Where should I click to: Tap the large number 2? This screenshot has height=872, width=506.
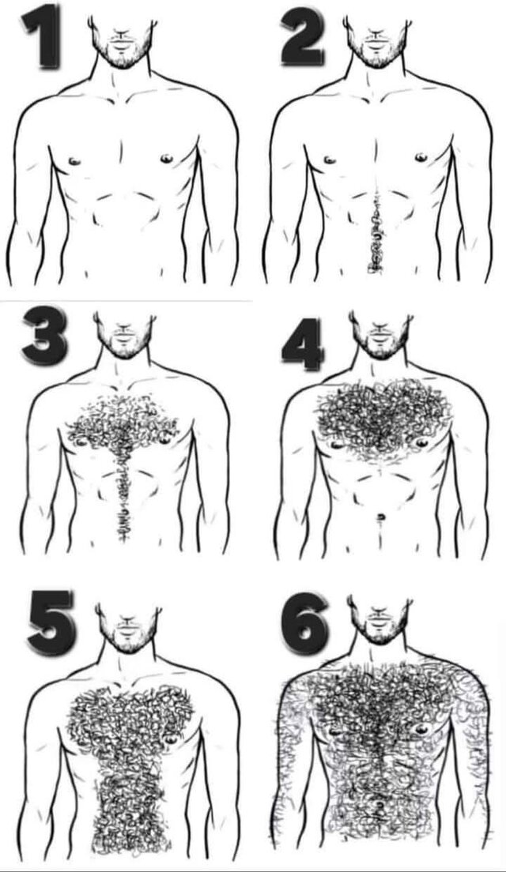303,38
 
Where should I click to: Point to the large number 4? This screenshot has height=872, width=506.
304,344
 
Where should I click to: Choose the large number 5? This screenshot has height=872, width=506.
50,622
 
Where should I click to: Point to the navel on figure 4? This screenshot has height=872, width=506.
381,518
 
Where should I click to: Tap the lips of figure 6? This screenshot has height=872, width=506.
380,618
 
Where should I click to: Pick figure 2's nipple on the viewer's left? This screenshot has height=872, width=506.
330,160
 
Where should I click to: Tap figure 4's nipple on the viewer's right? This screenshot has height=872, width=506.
421,443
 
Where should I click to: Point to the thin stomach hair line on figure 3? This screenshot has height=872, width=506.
123,501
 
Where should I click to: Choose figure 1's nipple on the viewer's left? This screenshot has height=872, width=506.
74,162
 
